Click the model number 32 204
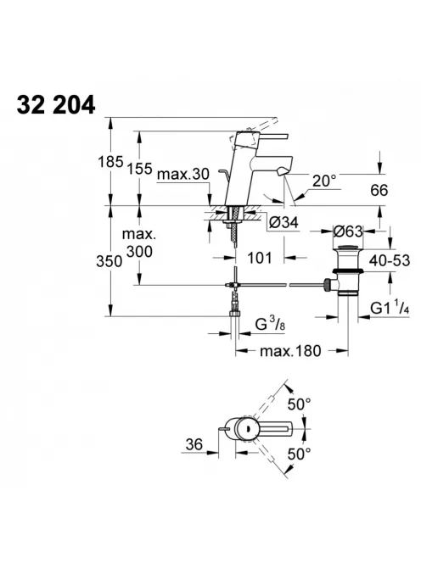click(56, 104)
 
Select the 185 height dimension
click(110, 162)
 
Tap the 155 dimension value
click(139, 168)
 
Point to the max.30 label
click(183, 175)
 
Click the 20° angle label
click(324, 181)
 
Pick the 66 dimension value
click(379, 190)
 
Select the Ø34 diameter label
click(283, 223)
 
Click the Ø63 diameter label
click(348, 231)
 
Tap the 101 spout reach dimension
click(259, 258)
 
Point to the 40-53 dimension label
click(390, 260)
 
